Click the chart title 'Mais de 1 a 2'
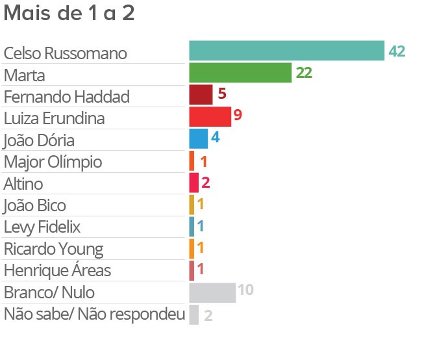[x=69, y=14]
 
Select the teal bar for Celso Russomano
[x=286, y=51]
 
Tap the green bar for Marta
[x=240, y=73]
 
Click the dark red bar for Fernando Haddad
[x=201, y=95]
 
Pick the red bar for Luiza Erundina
[x=210, y=117]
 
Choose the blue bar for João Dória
[x=198, y=139]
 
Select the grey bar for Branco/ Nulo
[x=212, y=292]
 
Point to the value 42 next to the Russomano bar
[x=397, y=52]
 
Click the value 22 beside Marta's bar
[x=304, y=73]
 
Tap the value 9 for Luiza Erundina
[x=238, y=116]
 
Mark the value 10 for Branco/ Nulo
[x=245, y=290]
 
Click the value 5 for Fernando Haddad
[x=221, y=94]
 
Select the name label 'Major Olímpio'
[x=53, y=162]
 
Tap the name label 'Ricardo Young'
[x=53, y=249]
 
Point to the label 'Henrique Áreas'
[x=57, y=270]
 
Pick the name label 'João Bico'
[x=35, y=205]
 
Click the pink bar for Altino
[x=193, y=183]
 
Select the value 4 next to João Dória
[x=216, y=138]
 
